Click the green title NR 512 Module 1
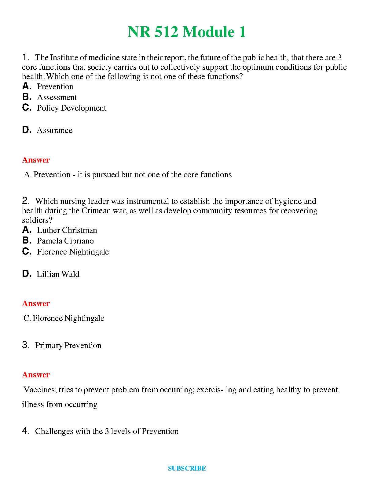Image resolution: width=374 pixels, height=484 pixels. click(187, 32)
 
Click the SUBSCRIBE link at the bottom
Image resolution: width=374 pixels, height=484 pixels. click(187, 468)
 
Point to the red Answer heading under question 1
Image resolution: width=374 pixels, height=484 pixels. click(36, 160)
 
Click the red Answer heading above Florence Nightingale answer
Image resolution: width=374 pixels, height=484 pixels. click(36, 303)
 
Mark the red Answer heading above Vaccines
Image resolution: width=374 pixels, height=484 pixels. click(36, 375)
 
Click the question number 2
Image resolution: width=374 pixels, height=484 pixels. click(25, 201)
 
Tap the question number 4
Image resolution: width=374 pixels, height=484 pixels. click(25, 431)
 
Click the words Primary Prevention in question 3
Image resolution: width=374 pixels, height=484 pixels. click(68, 345)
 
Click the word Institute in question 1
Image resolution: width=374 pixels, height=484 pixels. click(64, 57)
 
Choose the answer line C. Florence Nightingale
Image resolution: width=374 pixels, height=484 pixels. click(64, 318)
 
